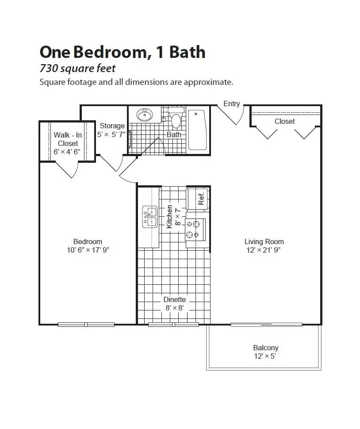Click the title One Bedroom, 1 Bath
tap(123, 52)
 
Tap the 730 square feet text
tap(77, 69)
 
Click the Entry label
tap(231, 103)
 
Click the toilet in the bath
tap(176, 119)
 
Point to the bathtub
tap(197, 130)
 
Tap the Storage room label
tap(111, 126)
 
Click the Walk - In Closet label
tap(68, 139)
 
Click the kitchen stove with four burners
tap(195, 229)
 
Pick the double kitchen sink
tap(149, 217)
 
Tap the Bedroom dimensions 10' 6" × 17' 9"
tap(88, 250)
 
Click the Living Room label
tap(264, 241)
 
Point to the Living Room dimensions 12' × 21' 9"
tap(264, 250)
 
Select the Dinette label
tap(174, 299)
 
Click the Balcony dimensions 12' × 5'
tap(265, 356)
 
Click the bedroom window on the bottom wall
tap(86, 325)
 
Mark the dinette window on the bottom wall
tap(173, 325)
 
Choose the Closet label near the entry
tap(284, 121)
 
